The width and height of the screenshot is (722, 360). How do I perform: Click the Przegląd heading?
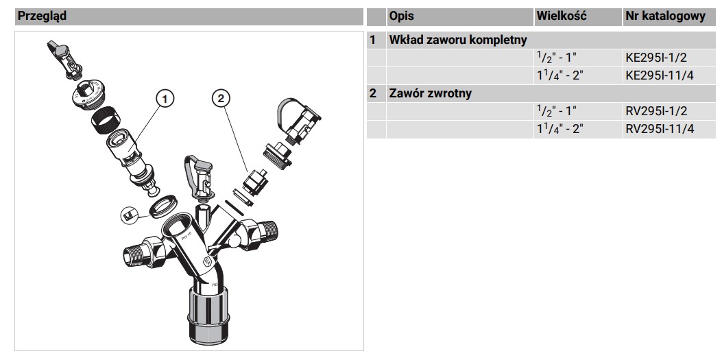[x=41, y=16]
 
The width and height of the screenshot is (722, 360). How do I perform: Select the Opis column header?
[x=401, y=16]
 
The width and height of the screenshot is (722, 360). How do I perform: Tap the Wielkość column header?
[x=562, y=16]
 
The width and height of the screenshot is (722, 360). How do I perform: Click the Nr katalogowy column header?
[x=665, y=16]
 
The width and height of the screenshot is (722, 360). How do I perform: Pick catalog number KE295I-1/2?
[x=657, y=58]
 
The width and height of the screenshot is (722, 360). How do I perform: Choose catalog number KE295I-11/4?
[x=660, y=75]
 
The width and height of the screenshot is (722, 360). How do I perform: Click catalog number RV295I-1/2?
[x=657, y=111]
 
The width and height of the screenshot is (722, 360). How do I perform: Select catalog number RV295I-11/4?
[x=660, y=129]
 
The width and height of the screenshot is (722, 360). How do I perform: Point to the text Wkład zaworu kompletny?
[x=458, y=40]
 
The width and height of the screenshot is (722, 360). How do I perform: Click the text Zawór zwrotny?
[x=430, y=93]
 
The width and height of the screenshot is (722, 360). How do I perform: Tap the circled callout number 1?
[x=165, y=98]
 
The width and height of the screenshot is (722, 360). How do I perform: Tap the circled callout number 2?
[x=221, y=98]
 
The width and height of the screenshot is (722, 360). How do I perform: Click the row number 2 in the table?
[x=373, y=93]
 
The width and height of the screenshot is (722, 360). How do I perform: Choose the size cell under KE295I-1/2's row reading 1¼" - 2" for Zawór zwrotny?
[x=559, y=129]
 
